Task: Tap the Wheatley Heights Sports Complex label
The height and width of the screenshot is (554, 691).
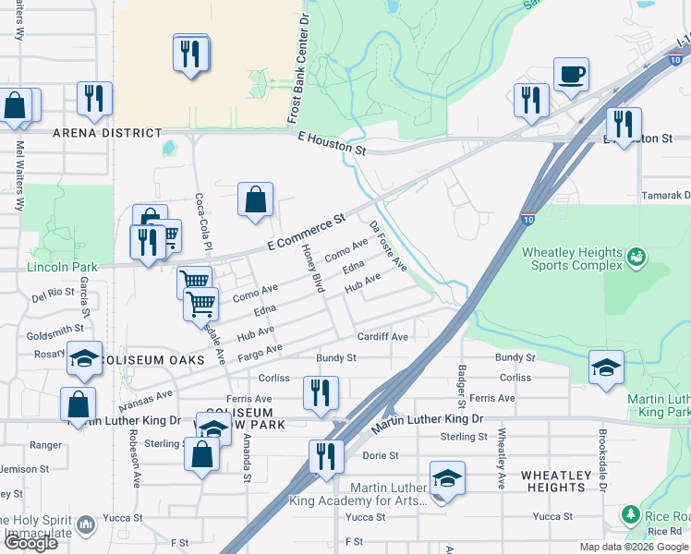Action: tap(573, 259)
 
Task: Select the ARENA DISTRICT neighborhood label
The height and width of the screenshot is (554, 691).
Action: tap(107, 133)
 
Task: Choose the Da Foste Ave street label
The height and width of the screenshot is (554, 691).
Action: tap(388, 246)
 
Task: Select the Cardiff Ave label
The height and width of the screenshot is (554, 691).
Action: tap(382, 337)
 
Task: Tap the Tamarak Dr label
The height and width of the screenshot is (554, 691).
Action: tap(666, 196)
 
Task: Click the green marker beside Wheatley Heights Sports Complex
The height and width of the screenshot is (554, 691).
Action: tap(636, 256)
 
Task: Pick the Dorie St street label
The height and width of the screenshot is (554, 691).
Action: tap(380, 455)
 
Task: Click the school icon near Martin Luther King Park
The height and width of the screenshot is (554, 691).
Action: tap(606, 368)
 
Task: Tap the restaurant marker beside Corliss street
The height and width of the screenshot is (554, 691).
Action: tap(321, 392)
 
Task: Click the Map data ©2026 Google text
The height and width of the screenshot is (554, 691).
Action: tap(633, 547)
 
